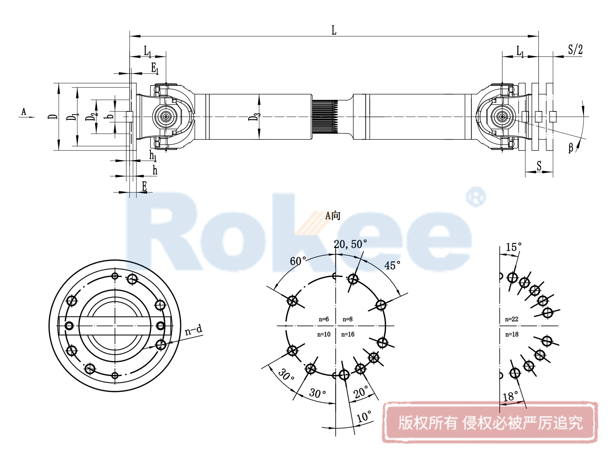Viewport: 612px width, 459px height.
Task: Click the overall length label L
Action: point(334,30)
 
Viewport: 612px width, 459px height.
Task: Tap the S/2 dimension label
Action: point(575,50)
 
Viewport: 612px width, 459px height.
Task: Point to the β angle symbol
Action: point(571,148)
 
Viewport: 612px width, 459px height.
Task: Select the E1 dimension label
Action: point(155,68)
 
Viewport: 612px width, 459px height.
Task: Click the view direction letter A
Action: point(24,112)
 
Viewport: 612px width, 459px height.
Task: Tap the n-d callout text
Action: point(193,330)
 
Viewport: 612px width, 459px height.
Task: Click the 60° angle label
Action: point(298,261)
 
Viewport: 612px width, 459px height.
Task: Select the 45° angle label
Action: point(392,266)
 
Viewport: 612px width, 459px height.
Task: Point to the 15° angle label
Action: point(513,247)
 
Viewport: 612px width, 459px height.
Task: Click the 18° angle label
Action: point(510,396)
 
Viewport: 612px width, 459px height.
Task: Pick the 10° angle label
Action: point(364,417)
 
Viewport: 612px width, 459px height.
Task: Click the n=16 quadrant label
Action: point(348,334)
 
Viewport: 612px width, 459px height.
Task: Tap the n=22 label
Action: point(511,319)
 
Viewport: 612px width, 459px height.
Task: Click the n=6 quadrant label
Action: point(323,319)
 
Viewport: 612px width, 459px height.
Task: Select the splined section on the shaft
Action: point(325,117)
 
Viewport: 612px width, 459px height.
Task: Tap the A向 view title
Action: point(333,216)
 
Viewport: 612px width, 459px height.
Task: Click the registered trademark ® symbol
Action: point(476,197)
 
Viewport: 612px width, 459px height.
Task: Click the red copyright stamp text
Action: point(490,423)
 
